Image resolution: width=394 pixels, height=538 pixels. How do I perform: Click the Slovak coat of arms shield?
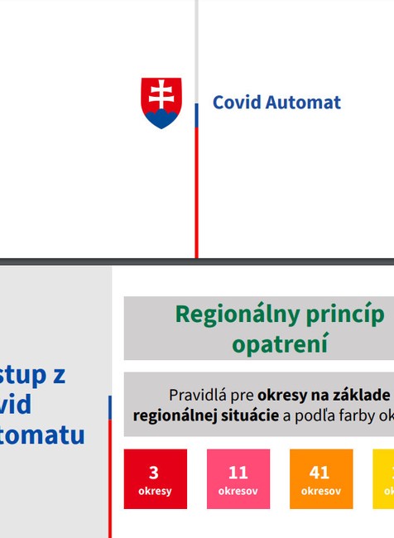pyautogui.click(x=161, y=103)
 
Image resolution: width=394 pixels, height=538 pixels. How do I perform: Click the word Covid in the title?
pyautogui.click(x=235, y=103)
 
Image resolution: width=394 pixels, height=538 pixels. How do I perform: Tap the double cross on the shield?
pyautogui.click(x=161, y=94)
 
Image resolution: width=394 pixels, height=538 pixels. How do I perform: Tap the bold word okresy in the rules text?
pyautogui.click(x=281, y=395)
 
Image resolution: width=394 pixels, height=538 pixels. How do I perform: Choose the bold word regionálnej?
pyautogui.click(x=169, y=415)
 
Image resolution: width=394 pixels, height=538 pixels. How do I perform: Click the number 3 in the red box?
pyautogui.click(x=154, y=473)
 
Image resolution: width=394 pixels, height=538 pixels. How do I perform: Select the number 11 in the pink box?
pyautogui.click(x=238, y=473)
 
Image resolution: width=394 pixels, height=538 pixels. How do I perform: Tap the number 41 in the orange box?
pyautogui.click(x=320, y=473)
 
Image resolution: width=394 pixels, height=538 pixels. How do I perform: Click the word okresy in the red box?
pyautogui.click(x=155, y=491)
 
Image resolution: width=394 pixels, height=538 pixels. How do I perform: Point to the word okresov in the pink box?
pyautogui.click(x=238, y=491)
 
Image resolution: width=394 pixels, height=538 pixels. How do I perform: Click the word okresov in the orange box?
pyautogui.click(x=321, y=491)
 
